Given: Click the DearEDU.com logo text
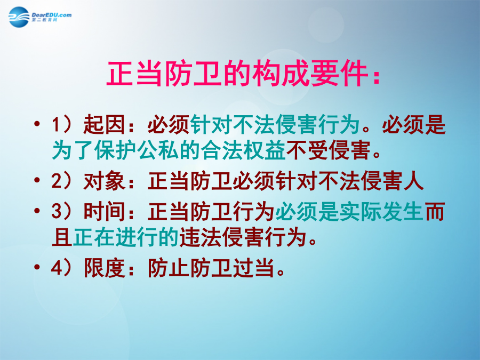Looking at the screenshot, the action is [x=51, y=15].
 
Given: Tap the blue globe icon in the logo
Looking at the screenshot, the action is [x=19, y=17].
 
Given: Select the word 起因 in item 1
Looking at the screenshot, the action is [x=104, y=125].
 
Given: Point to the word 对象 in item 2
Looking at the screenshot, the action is [x=104, y=181].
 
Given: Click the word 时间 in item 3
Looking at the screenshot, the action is [x=104, y=211].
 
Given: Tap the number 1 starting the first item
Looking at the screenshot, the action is [x=56, y=125].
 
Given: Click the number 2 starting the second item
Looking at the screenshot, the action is [x=57, y=181].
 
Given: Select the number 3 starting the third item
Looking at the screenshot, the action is [x=57, y=211].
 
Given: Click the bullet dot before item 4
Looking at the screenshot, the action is [x=37, y=267].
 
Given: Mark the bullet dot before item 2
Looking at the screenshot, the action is [x=37, y=180].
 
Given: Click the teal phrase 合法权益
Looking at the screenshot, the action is [x=243, y=150].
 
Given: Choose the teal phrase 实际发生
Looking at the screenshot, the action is [x=381, y=211].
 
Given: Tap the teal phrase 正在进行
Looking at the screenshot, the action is [x=115, y=237].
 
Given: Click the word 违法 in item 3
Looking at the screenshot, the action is [x=200, y=237].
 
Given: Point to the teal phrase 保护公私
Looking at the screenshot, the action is [x=136, y=150].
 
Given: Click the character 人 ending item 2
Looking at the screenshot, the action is [x=413, y=181].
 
